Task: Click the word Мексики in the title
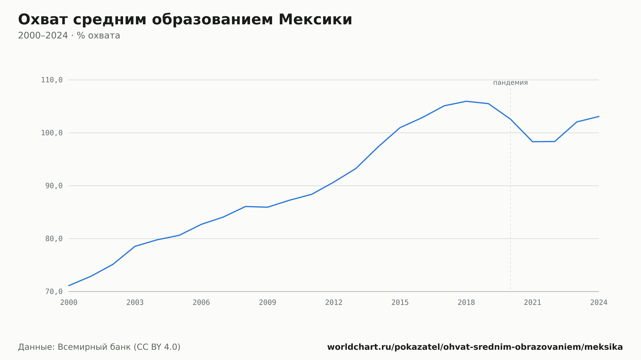[315, 20]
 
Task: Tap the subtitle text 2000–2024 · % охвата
[69, 36]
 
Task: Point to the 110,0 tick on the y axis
[52, 80]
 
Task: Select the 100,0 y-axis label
[52, 133]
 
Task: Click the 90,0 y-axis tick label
[54, 186]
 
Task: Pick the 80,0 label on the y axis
[54, 239]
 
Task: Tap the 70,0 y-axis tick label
[54, 292]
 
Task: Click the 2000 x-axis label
[69, 303]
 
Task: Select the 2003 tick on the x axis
[135, 303]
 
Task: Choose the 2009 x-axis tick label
[268, 303]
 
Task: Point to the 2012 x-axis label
[334, 303]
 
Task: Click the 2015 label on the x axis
[400, 303]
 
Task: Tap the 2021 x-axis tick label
[533, 303]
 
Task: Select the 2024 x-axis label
[599, 303]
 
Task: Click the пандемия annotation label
[510, 83]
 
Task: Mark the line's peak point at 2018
[466, 101]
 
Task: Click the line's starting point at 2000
[69, 286]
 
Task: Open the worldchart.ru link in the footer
[475, 347]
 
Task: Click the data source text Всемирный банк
[94, 347]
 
